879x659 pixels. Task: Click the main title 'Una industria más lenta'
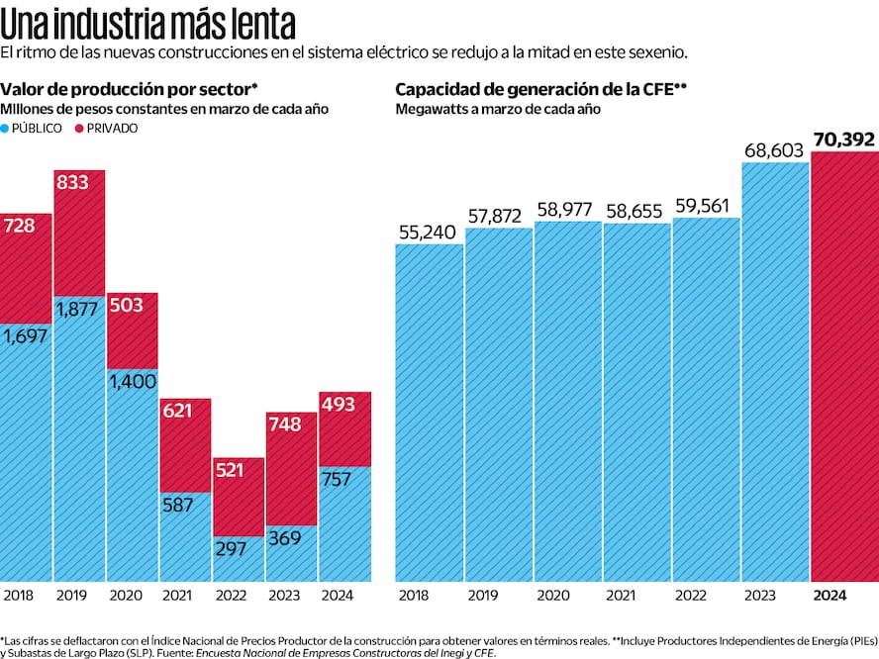point(148,22)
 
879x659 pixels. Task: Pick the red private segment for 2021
point(185,445)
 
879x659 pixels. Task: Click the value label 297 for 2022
point(231,548)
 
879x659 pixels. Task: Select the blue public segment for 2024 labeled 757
point(344,524)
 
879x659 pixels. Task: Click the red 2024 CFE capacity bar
point(844,366)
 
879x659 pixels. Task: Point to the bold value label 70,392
point(843,140)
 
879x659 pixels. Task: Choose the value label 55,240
point(429,231)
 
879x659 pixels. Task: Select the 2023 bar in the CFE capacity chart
point(775,371)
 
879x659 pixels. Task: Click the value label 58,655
point(636,210)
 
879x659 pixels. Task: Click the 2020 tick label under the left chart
point(125,595)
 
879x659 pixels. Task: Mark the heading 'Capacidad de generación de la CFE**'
point(541,89)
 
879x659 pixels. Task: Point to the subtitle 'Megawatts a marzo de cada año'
point(498,109)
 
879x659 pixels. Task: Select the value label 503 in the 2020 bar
point(126,305)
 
